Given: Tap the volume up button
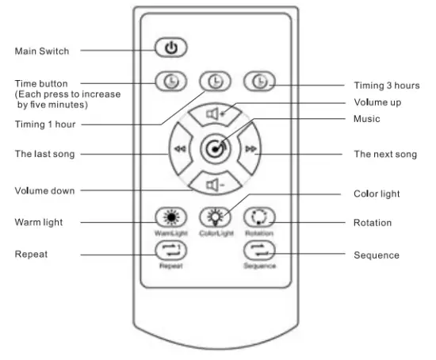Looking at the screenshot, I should coord(214,113).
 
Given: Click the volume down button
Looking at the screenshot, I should coord(214,185).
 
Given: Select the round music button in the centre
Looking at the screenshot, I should coord(214,148).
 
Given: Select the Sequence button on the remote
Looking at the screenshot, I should coord(259,251).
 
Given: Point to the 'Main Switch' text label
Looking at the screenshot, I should coord(42,52).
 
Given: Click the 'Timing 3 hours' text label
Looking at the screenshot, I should coord(386,86).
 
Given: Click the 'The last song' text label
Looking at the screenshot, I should coord(45,154).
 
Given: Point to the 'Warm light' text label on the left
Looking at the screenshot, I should coord(40,222).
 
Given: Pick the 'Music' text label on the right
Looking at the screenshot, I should coord(367,119).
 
